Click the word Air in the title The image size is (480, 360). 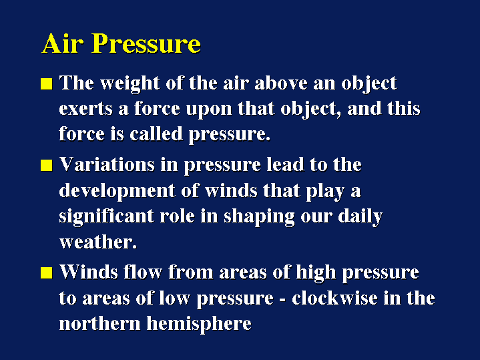(x=62, y=43)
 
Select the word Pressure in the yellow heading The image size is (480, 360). (x=146, y=43)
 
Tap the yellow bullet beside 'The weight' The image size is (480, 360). (x=46, y=84)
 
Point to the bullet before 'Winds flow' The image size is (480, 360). (x=46, y=273)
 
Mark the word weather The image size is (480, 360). (x=97, y=242)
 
